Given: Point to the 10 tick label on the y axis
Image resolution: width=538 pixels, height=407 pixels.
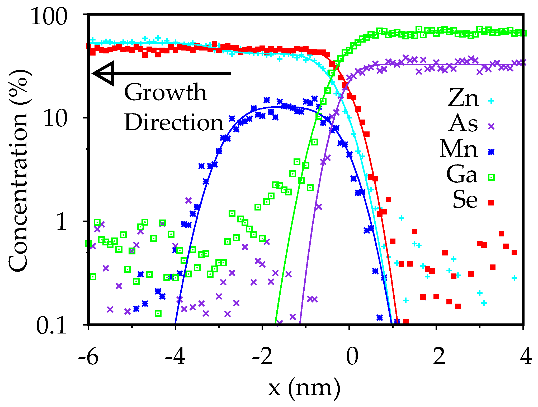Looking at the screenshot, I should (x=55, y=119).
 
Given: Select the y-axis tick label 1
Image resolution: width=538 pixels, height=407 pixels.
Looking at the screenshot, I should (x=62, y=222).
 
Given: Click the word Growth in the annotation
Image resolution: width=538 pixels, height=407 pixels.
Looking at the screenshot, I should (x=166, y=93).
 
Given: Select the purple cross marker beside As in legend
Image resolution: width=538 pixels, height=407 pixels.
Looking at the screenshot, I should (x=491, y=126).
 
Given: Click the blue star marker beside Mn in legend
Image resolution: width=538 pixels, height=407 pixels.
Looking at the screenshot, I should (x=491, y=152).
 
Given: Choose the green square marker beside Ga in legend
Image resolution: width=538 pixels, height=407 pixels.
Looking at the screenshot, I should (x=491, y=177).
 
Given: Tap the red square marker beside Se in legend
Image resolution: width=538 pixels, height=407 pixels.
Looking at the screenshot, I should (x=491, y=203).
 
